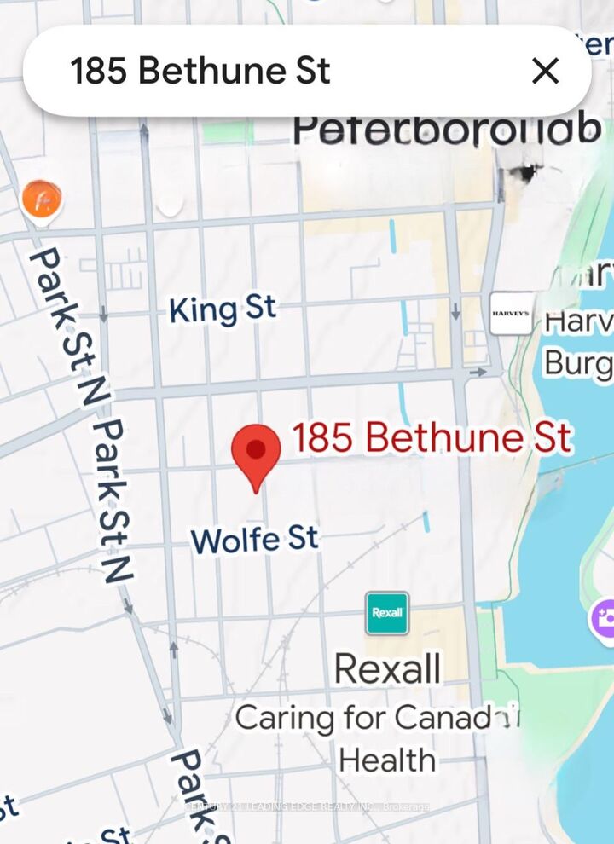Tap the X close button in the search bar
coord(545,71)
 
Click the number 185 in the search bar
coord(98,71)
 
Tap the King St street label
coord(223,309)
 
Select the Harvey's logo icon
coord(511,314)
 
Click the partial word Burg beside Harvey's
coord(578,364)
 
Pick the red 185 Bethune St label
coord(432,438)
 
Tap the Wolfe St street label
coord(254,539)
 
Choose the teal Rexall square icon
coord(387,613)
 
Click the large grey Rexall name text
coord(388,669)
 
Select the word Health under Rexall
coord(387,760)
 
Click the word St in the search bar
coord(312,71)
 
